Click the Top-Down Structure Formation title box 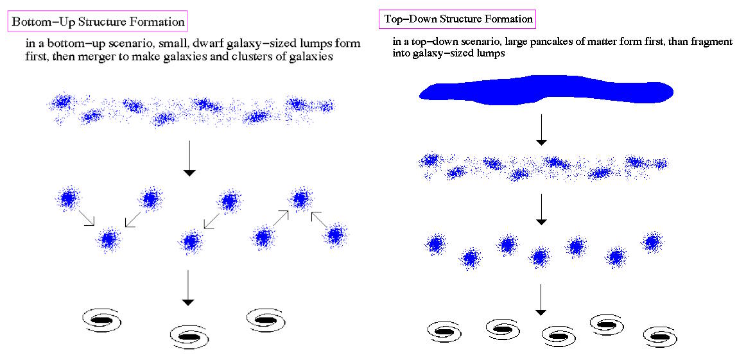pos(457,19)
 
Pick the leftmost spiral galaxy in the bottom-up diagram pos(103,319)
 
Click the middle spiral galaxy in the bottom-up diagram pos(189,335)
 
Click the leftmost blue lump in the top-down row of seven pos(437,244)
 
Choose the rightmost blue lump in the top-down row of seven pos(652,243)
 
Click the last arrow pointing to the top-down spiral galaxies pos(541,300)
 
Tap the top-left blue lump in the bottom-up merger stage pos(67,199)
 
